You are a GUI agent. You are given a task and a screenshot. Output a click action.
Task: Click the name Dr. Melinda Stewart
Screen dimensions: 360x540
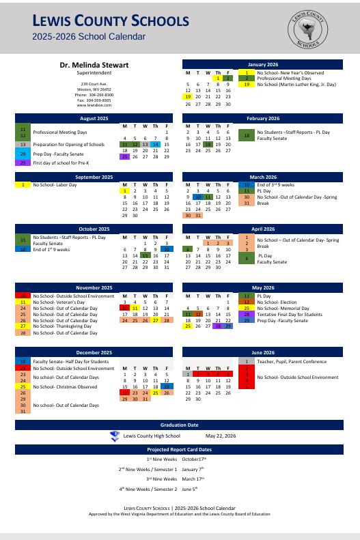coord(94,65)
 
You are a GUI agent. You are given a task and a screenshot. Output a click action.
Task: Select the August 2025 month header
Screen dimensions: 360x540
coord(94,118)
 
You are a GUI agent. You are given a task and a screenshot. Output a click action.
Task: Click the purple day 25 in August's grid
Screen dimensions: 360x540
coord(124,156)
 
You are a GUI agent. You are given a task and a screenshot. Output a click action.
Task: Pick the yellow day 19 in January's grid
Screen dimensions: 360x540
coord(187,97)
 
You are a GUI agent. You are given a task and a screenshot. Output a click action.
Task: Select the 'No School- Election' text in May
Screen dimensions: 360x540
coord(277,302)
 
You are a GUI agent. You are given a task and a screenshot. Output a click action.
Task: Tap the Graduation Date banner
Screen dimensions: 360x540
coord(179,425)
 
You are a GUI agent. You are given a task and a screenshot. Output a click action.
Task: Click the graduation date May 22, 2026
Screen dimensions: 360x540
coord(220,436)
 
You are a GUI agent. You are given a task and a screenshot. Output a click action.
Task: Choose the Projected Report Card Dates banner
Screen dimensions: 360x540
coord(179,449)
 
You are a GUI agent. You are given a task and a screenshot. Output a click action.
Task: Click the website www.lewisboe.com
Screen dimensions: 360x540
coord(94,106)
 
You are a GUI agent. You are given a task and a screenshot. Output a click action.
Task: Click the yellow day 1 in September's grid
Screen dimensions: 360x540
coord(124,190)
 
